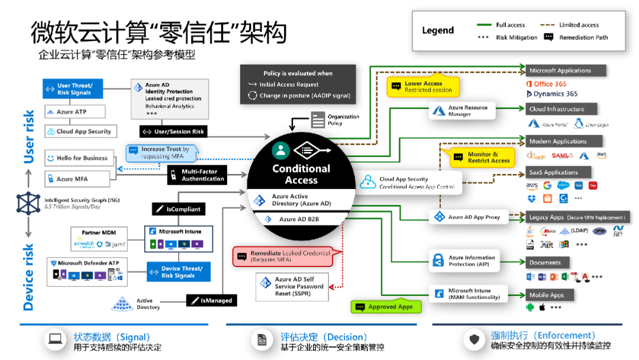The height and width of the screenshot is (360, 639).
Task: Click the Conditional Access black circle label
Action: pyautogui.click(x=301, y=174)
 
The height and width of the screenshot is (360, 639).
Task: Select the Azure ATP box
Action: pyautogui.click(x=73, y=112)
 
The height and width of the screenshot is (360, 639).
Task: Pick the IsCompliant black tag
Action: pyautogui.click(x=178, y=209)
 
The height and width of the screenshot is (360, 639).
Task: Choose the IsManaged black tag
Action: pyautogui.click(x=212, y=301)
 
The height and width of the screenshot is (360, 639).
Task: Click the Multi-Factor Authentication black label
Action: pyautogui.click(x=197, y=175)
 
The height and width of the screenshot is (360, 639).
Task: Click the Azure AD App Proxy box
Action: pyautogui.click(x=468, y=217)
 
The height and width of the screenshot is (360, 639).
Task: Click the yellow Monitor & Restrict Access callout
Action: pyautogui.click(x=482, y=157)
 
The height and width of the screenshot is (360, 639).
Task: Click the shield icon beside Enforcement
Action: pyautogui.click(x=474, y=339)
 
